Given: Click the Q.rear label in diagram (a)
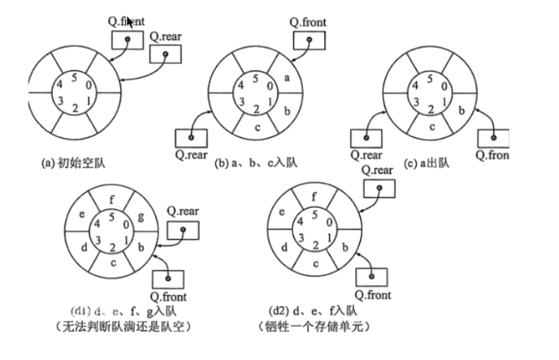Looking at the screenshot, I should coord(167,36).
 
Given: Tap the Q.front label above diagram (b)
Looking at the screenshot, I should coord(308,22).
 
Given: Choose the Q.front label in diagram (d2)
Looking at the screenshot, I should coord(373,295).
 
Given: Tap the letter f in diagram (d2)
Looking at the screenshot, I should coord(315,196).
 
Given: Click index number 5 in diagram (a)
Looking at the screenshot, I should coord(75,79).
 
